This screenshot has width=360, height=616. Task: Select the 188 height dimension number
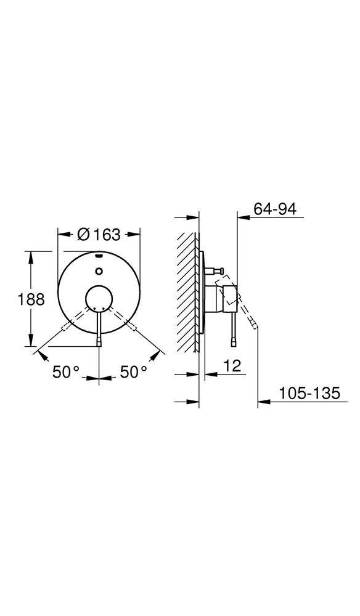(31, 299)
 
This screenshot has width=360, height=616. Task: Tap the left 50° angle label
(66, 372)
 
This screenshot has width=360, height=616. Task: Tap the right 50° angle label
(134, 372)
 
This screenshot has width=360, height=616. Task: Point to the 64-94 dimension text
(275, 209)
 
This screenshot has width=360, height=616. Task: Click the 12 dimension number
(232, 366)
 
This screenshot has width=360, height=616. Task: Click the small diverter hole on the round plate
(99, 269)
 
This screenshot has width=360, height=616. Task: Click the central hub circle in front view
(99, 299)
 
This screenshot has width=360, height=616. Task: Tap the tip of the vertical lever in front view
(99, 342)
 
